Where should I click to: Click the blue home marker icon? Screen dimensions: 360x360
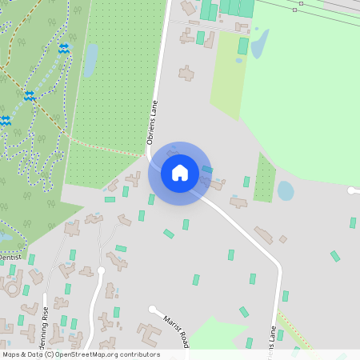pos(180,173)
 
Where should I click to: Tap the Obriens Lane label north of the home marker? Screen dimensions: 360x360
pos(152,122)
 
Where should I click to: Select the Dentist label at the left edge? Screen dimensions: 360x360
pos(10,257)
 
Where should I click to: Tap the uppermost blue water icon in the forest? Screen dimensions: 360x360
pos(64,49)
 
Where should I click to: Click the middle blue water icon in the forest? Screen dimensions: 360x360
pos(30,96)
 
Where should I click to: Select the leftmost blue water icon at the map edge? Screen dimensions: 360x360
pos(5,121)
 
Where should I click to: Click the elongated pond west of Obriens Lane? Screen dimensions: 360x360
pos(90,59)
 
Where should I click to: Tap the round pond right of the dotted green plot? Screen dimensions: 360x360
pos(286,190)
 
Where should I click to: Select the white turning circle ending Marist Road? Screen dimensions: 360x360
pos(152,309)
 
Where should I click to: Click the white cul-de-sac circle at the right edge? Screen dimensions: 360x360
pos(351,190)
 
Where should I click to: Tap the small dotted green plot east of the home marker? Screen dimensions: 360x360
pos(264,178)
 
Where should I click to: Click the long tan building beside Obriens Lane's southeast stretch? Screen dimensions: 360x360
pos(264,234)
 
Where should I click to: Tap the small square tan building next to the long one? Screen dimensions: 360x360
pos(282,238)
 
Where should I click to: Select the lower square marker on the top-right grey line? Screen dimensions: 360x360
pos(294,10)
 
